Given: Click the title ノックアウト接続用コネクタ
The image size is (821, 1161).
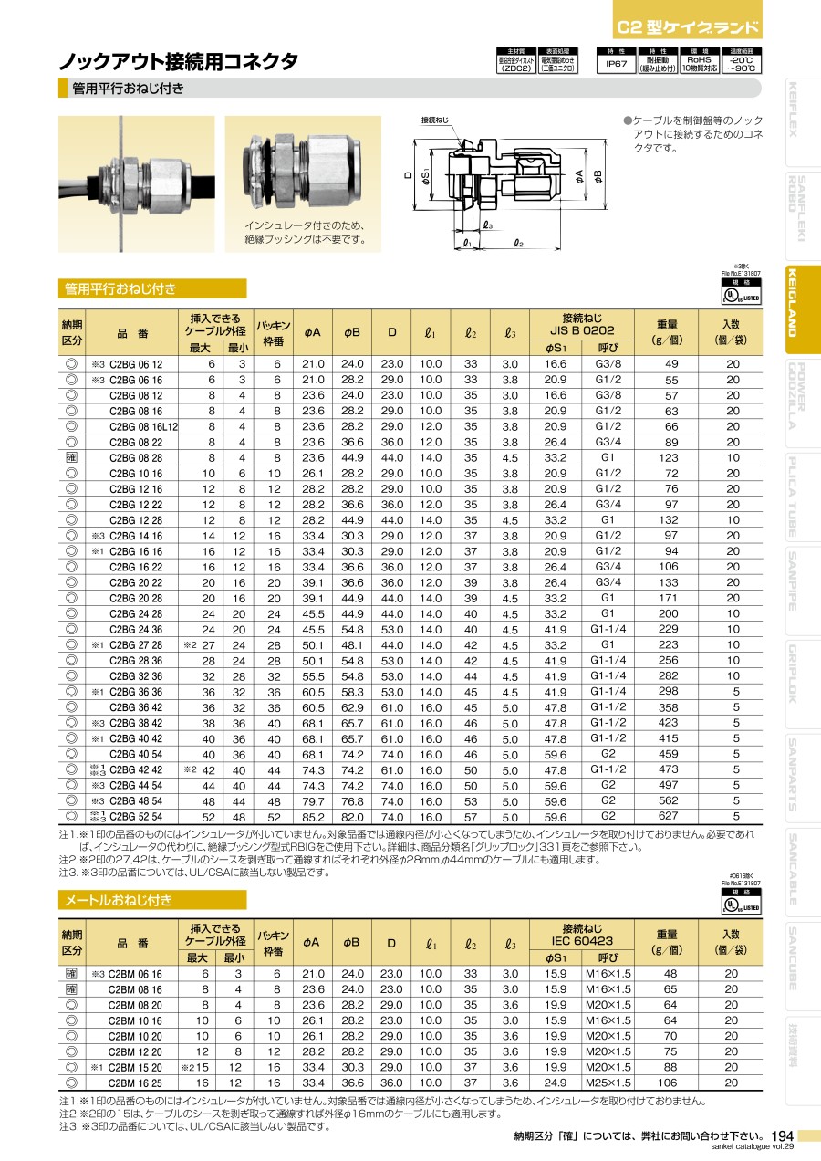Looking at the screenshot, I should click(179, 62).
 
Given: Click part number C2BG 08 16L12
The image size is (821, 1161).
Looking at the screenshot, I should click(144, 426).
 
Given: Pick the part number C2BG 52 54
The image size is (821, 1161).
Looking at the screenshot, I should click(136, 817).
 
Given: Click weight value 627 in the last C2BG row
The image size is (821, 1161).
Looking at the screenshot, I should click(668, 817).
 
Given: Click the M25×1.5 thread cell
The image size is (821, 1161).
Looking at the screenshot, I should click(608, 1083).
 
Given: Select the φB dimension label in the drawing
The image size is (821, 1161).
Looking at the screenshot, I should click(598, 174).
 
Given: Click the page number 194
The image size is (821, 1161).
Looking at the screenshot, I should click(782, 1135).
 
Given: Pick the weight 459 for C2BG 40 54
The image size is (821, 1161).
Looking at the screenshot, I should click(668, 754).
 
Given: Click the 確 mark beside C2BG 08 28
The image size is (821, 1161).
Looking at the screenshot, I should click(70, 457).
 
